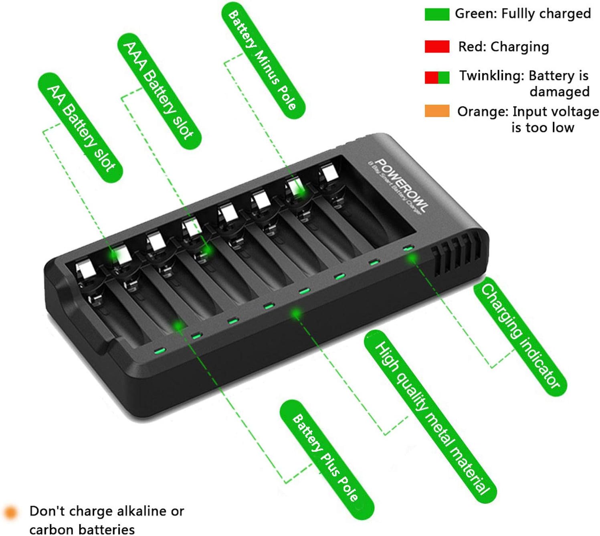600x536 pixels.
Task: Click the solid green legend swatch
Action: (437, 14)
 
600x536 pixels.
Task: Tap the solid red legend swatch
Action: (437, 47)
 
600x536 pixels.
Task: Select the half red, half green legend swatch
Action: (437, 77)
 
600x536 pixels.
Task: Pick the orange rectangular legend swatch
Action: (437, 111)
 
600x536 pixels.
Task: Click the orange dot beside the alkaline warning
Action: (11, 512)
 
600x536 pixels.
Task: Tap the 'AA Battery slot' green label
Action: (81, 128)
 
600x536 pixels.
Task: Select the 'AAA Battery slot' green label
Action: (160, 91)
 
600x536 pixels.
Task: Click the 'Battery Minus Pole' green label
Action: (263, 61)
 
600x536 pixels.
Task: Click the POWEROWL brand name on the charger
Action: (402, 185)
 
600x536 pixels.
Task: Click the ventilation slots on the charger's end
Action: (456, 254)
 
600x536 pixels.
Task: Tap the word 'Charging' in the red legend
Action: (520, 47)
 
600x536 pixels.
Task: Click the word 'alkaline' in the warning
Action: (137, 511)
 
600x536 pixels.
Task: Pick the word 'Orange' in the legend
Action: (483, 112)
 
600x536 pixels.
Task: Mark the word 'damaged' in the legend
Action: (560, 91)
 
